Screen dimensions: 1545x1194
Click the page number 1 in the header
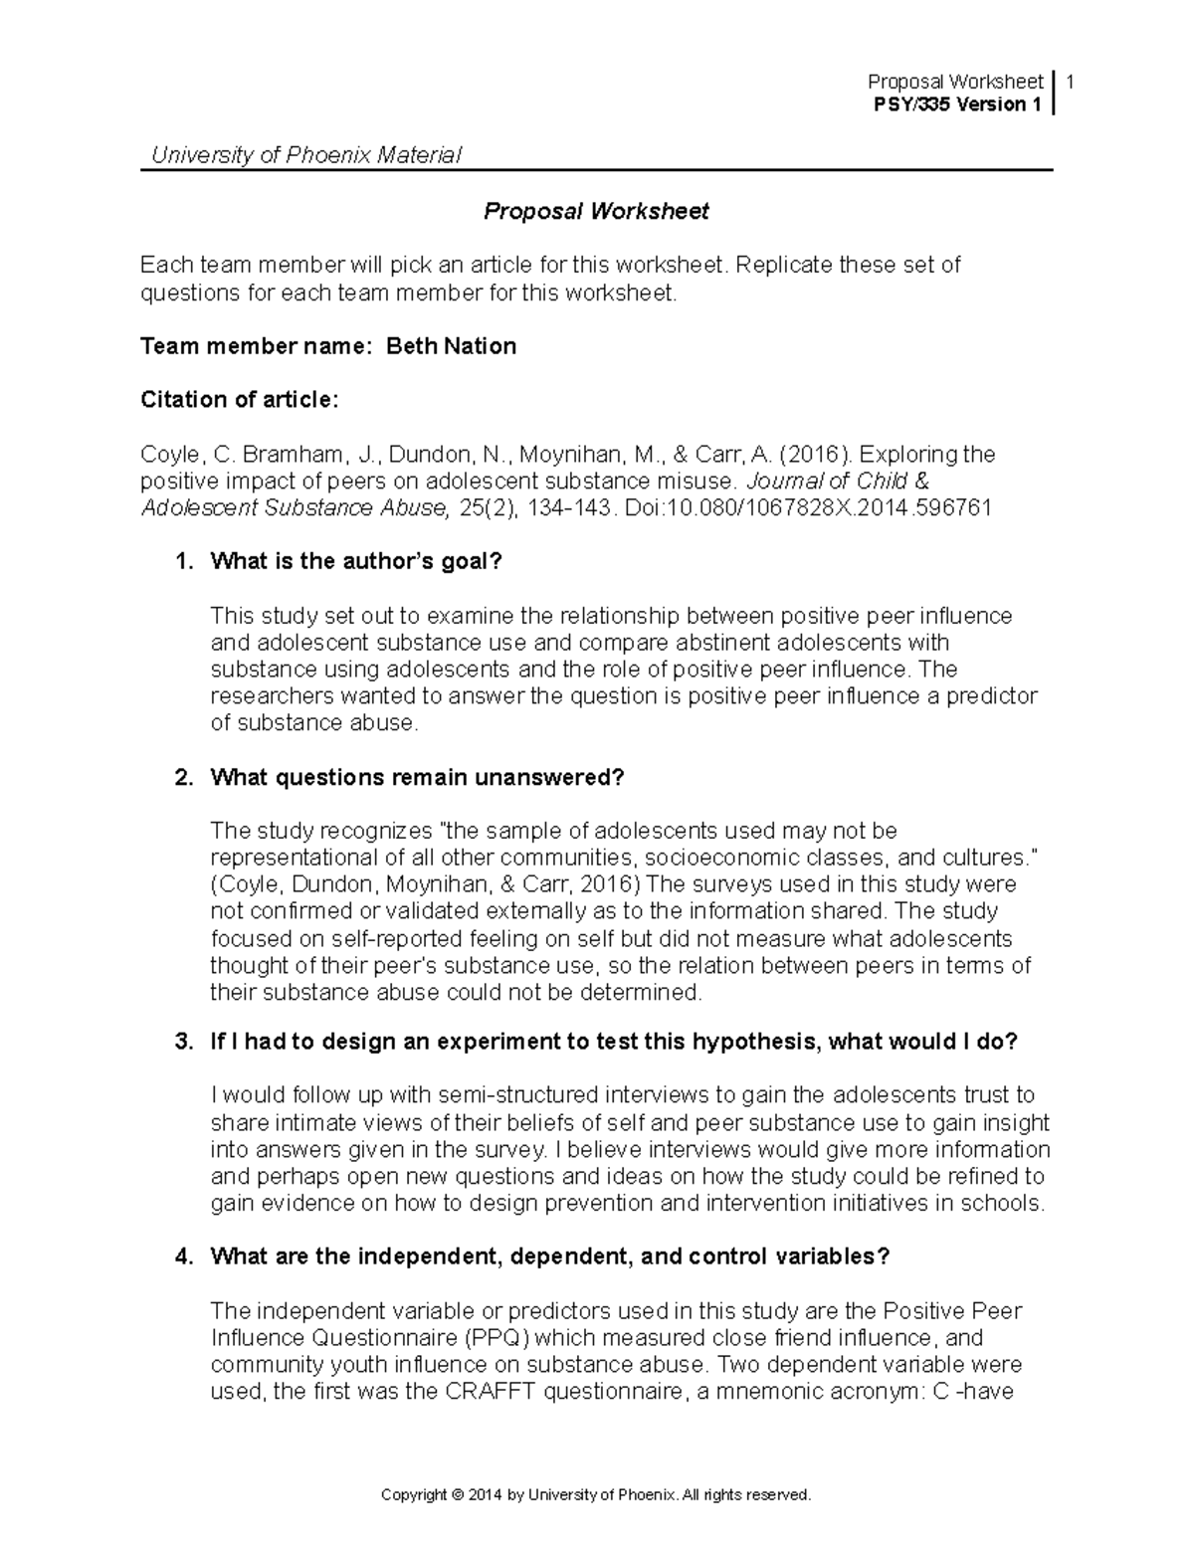[x=1070, y=82]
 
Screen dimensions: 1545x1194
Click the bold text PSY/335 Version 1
[x=956, y=104]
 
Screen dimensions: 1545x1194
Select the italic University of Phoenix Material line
[x=305, y=155]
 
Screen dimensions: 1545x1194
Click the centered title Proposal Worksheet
[x=596, y=211]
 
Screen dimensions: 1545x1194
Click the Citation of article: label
[x=240, y=400]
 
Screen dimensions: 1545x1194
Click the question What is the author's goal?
[x=356, y=561]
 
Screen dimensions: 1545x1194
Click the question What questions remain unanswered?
[x=417, y=777]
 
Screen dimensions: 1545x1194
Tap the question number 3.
[x=182, y=1042]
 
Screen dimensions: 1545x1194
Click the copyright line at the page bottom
[x=596, y=1494]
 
